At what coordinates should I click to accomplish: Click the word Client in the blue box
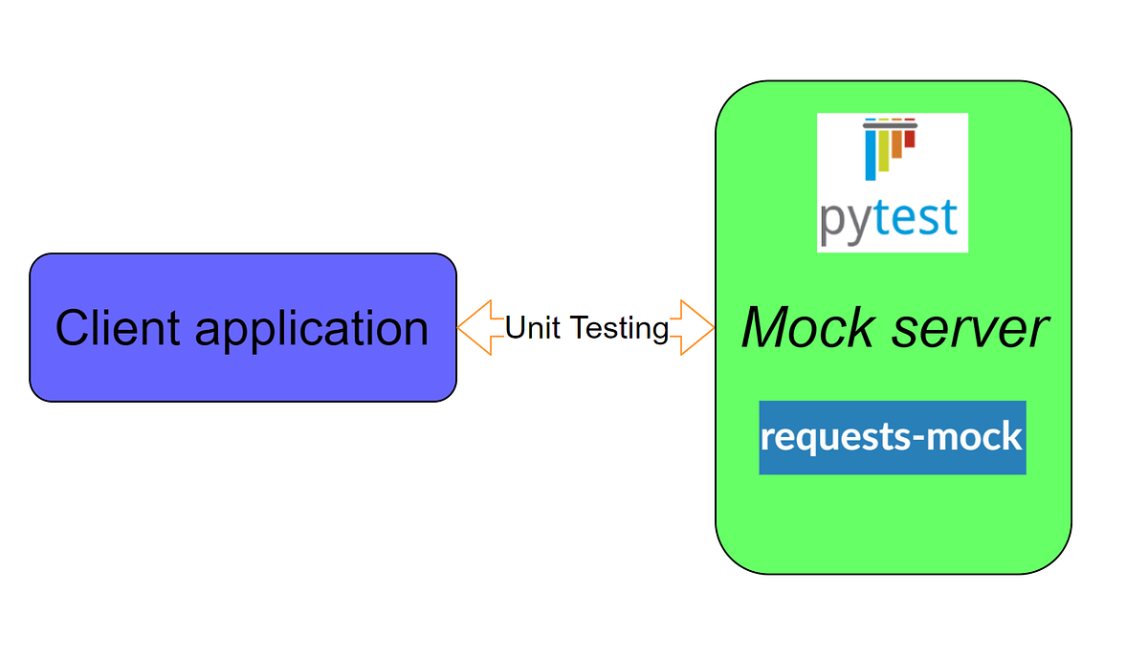point(118,328)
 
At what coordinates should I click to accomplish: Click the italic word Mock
point(807,327)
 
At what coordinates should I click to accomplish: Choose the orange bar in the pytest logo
point(897,144)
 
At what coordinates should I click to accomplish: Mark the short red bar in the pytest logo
point(910,139)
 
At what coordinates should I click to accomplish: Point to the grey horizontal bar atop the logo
point(890,123)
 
